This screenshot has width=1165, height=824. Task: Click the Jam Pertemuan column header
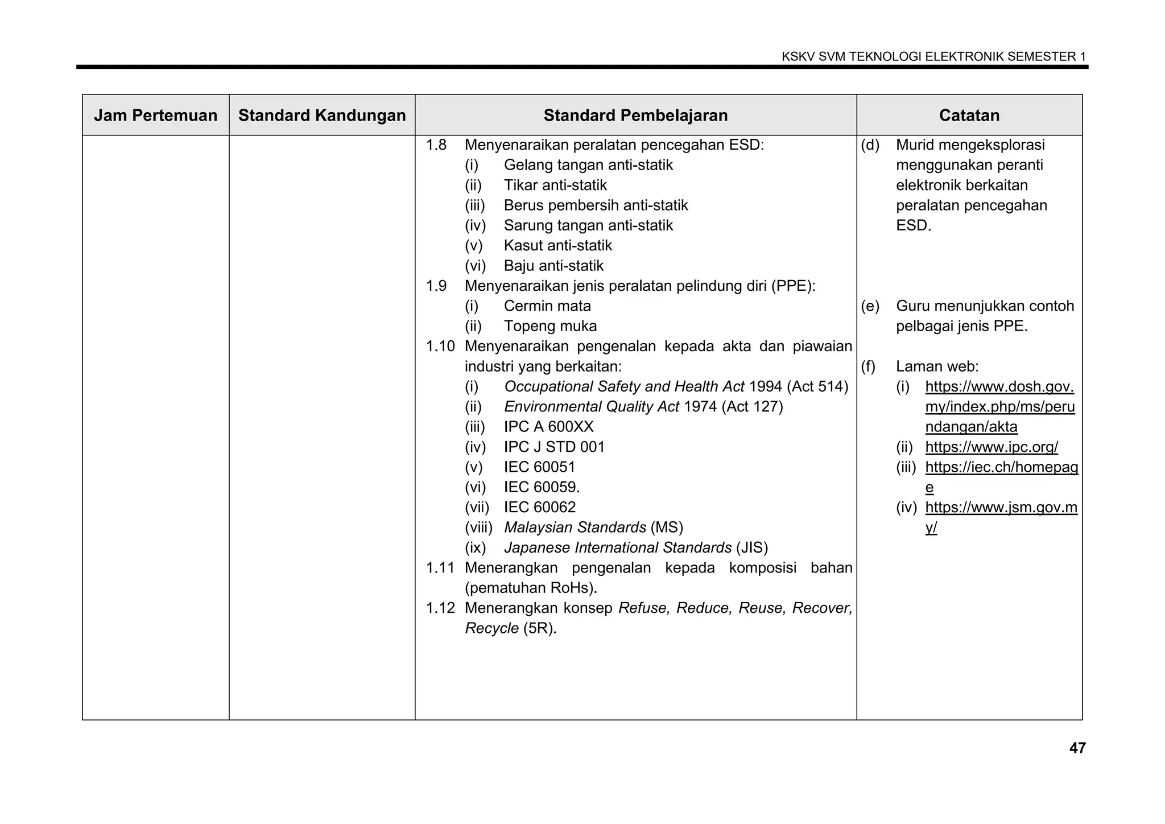pos(155,116)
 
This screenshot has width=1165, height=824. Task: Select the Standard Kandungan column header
pos(322,116)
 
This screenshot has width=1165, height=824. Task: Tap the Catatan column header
pos(969,116)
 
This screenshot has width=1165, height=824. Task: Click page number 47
pos(1077,748)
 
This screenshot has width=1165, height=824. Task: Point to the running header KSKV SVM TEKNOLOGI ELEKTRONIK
pos(933,57)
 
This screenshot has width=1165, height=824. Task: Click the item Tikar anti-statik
pos(555,186)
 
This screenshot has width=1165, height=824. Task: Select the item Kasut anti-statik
pos(557,246)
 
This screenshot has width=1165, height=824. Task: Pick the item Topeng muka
pos(550,327)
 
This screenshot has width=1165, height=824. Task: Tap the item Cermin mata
pos(547,306)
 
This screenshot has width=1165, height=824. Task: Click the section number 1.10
pos(440,347)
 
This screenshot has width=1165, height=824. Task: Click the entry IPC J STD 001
pos(554,447)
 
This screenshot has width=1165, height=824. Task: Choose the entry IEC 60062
pos(540,508)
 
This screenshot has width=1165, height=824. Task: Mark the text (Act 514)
pos(817,387)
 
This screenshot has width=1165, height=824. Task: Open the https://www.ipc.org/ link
pos(992,447)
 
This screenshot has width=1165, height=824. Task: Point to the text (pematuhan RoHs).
pos(531,588)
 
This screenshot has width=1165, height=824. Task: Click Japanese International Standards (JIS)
pos(635,548)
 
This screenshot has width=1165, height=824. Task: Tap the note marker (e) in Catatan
pos(870,306)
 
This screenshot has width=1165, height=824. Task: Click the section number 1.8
pos(436,145)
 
